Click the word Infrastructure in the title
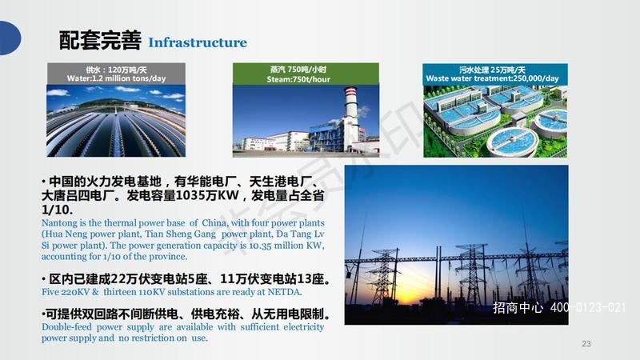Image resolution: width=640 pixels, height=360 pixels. (198, 42)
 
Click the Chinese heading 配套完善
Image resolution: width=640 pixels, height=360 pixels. (101, 41)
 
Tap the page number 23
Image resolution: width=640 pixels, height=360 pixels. (586, 344)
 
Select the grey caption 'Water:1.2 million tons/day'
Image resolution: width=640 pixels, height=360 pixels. (116, 78)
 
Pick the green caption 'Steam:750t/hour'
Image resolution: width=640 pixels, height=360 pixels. (298, 79)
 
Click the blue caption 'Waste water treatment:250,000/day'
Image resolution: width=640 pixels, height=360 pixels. (492, 78)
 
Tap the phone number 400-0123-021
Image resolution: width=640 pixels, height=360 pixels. (588, 307)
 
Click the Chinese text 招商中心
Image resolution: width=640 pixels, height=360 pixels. (518, 307)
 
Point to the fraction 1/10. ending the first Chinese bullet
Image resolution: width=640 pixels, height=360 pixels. (57, 210)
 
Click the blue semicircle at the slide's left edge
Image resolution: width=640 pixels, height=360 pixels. (10, 38)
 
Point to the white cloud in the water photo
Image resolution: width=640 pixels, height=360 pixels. (57, 93)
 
